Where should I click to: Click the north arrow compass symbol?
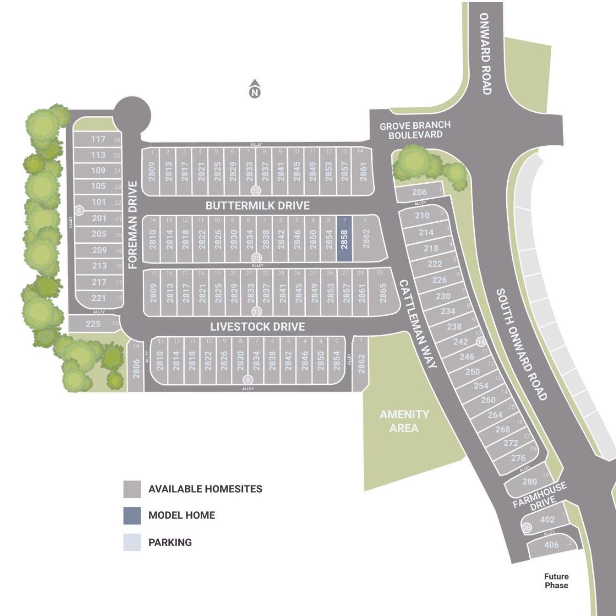[x=254, y=89]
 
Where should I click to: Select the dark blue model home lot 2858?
[x=344, y=239]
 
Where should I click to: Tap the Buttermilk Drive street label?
[x=257, y=205]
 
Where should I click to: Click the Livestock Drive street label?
[x=257, y=326]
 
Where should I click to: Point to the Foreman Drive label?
[x=133, y=225]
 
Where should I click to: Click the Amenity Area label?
[x=404, y=421]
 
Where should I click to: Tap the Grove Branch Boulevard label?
[x=415, y=129]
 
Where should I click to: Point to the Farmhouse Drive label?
[x=539, y=496]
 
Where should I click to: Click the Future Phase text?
[x=556, y=581]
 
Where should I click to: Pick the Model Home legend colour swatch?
[x=132, y=515]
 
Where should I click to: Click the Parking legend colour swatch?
[x=132, y=542]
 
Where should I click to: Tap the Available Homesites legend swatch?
[x=132, y=489]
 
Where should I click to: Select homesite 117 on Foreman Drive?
[x=98, y=139]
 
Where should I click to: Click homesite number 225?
[x=93, y=323]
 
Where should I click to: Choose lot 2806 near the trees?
[x=136, y=368]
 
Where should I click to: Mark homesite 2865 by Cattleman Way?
[x=382, y=292]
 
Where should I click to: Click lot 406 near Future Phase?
[x=551, y=545]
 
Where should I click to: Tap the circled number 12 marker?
[x=255, y=191]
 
